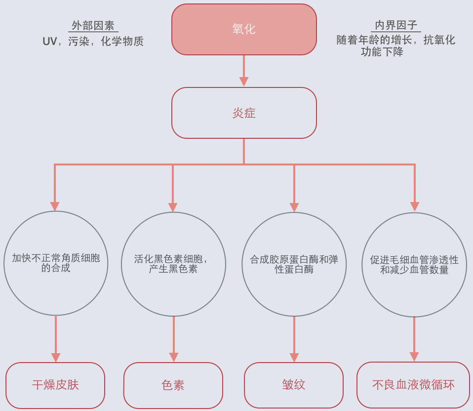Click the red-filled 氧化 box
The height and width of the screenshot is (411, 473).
[244, 29]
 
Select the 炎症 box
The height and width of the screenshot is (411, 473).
[244, 113]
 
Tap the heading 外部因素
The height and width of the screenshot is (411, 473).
[93, 26]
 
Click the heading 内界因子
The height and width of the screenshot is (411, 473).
[396, 25]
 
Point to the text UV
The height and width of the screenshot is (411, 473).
[50, 41]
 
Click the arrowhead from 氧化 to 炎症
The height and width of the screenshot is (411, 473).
[244, 82]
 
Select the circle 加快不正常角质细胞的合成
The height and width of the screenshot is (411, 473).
[56, 263]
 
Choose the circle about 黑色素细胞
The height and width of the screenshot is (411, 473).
[173, 264]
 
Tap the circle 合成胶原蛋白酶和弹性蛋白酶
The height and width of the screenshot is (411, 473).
[294, 264]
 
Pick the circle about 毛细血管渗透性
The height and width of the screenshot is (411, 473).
[414, 264]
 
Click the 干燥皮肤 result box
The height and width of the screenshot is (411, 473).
[55, 385]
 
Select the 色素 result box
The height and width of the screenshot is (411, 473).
[173, 385]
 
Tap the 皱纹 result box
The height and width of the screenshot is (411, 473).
[294, 385]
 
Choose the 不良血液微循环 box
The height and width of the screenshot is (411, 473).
[413, 385]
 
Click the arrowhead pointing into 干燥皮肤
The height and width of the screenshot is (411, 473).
[56, 357]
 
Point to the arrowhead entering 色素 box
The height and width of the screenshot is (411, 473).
[174, 357]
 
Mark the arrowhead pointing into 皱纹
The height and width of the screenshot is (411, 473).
[294, 357]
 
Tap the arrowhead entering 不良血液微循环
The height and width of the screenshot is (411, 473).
[414, 357]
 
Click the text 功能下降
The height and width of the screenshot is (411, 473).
[382, 52]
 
